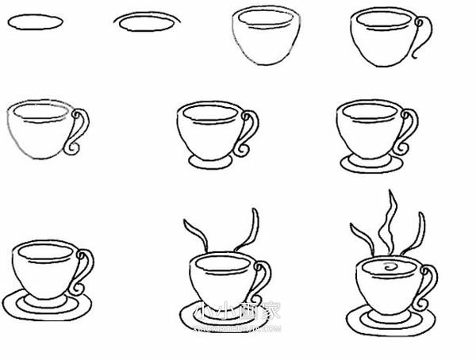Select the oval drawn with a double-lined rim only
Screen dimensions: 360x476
[x=147, y=23]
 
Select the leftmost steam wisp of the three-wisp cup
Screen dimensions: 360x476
[x=360, y=233]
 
